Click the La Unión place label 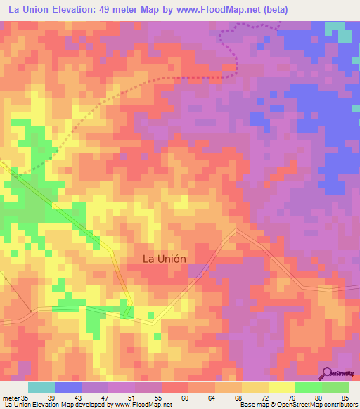point(165,258)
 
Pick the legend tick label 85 point(345,397)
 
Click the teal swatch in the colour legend point(41,387)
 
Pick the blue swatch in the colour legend point(68,387)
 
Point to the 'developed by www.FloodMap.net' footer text point(127,405)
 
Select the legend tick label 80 point(319,397)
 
